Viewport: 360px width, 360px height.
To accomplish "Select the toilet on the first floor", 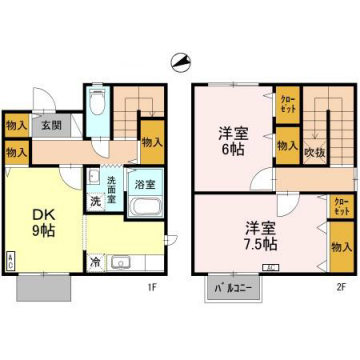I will [97, 105].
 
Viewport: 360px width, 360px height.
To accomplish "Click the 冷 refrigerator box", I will [95, 262].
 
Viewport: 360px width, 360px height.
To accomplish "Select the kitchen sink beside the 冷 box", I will [122, 263].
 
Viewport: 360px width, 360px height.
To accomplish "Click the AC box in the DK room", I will [11, 259].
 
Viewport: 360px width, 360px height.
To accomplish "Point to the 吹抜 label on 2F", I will [317, 151].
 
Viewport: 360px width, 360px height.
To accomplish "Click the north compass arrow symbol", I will [180, 62].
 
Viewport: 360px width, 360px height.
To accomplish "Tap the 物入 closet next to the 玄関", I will [15, 126].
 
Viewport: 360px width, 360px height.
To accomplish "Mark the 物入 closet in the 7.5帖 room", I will [340, 247].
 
